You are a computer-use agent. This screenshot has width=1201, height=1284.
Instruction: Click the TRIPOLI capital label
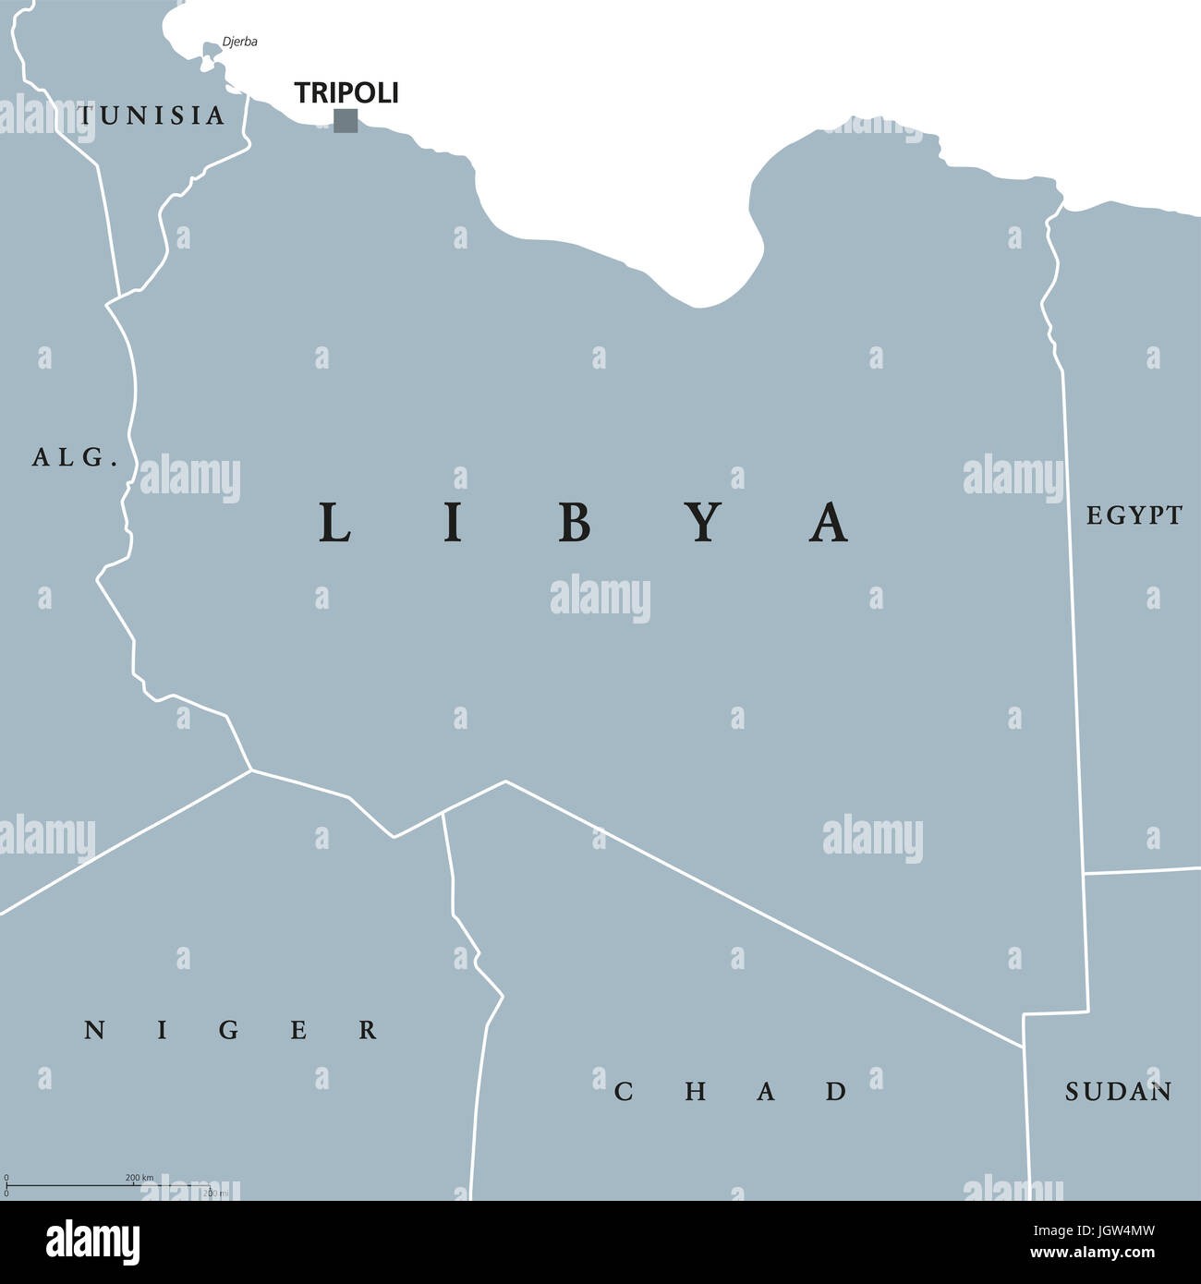[346, 92]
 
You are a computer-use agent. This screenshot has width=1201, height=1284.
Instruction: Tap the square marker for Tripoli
[346, 121]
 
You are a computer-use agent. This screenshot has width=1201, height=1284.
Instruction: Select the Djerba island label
[239, 42]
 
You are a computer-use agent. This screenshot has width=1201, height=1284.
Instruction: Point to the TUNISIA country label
[152, 115]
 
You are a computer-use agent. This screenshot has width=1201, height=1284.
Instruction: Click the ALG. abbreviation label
[75, 456]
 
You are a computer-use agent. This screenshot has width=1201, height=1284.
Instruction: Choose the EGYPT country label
[1134, 515]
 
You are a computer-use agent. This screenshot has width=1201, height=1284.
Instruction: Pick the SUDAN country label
[1118, 1092]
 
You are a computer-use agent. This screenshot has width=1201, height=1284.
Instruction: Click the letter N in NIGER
[94, 1030]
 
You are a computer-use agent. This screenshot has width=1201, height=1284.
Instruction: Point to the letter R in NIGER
[368, 1030]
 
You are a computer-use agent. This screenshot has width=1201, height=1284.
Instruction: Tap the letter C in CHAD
[624, 1092]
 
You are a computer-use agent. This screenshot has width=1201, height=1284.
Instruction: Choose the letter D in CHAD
[836, 1092]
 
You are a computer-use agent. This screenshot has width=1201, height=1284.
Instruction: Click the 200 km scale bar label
[140, 1178]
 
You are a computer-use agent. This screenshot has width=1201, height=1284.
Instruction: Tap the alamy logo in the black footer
[93, 1242]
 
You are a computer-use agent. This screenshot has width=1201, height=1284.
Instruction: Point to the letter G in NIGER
[230, 1030]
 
